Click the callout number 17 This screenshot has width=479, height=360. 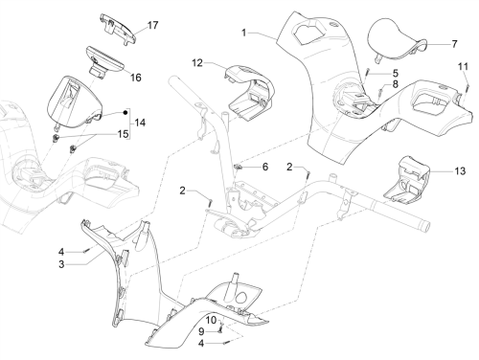point(152,25)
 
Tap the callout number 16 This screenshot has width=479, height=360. point(136,78)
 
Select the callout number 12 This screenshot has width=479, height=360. point(197,63)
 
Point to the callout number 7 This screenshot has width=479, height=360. point(454,44)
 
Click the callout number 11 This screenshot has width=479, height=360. point(463,66)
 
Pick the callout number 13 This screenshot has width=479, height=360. point(460,171)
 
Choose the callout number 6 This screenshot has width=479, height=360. point(265,167)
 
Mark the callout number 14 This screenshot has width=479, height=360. point(140,123)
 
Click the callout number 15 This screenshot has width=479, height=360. point(123,134)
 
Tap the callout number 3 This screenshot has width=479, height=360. point(61,264)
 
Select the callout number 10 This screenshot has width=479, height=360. point(211,320)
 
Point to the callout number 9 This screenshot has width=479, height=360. point(201,331)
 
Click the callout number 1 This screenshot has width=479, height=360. point(244,33)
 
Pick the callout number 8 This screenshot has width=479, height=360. point(396,84)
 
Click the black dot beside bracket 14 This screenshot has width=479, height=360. point(125,112)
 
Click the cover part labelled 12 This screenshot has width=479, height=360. point(251,93)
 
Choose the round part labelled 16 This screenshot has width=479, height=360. point(104,62)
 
